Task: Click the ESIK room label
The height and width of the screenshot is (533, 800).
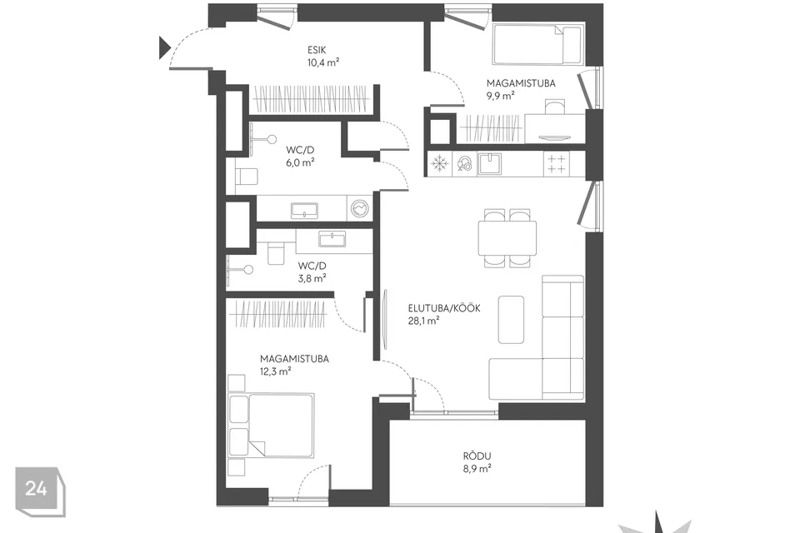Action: pos(317,50)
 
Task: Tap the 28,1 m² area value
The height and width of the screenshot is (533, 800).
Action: pos(423,321)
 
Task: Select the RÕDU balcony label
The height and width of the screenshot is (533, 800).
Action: pos(477,456)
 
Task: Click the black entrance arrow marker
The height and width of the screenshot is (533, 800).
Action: pos(164,47)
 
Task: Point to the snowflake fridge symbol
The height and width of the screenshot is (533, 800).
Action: pos(439,164)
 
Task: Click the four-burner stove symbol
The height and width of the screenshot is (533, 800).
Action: pos(557,164)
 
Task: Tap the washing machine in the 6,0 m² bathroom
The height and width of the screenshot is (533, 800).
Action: pos(360,208)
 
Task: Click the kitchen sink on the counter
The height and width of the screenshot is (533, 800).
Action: pos(489,164)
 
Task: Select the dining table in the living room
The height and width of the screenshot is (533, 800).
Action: pos(507,238)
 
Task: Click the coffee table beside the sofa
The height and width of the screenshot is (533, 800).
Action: pos(511,319)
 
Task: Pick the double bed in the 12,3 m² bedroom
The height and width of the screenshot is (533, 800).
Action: pos(271,425)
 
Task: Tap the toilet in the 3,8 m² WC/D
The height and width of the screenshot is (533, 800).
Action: pos(276,253)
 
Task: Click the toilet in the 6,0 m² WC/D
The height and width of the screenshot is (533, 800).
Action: pos(247,177)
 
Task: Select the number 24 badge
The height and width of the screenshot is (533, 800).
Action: pos(40,491)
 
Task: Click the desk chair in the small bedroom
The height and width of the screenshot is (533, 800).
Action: pos(555,107)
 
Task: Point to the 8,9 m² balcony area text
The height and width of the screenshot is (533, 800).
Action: pos(477,468)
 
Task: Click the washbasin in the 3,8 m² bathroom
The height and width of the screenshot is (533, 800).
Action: pos(332,239)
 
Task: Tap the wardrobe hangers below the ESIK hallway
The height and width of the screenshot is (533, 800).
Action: pos(311,98)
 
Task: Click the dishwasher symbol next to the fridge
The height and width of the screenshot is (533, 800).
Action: pos(465,164)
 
